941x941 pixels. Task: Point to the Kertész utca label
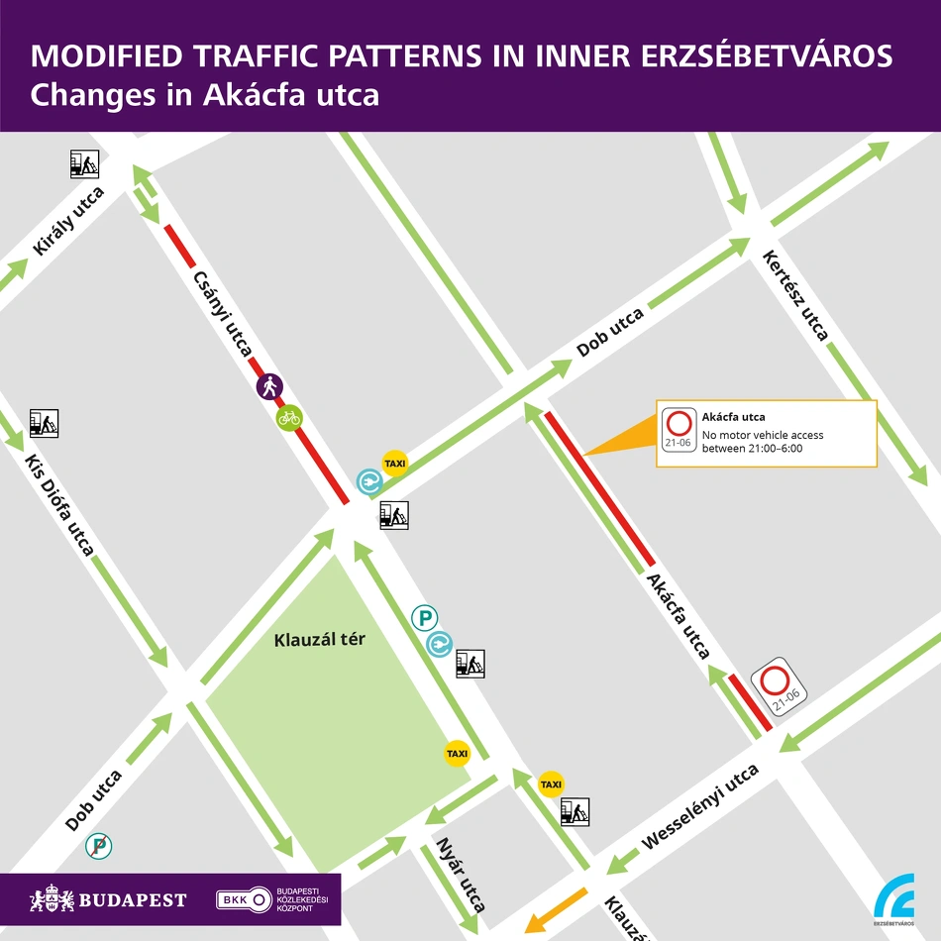point(795,295)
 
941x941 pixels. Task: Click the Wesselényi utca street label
point(700,807)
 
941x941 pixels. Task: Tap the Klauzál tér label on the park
point(319,640)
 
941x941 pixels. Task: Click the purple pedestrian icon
point(269,386)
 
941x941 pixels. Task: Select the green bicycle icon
point(289,418)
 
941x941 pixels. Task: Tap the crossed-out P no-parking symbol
point(98,845)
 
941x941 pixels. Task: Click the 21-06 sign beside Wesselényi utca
point(780,685)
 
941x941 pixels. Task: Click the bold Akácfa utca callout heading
point(733,417)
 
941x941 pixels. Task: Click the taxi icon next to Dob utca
point(395,464)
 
